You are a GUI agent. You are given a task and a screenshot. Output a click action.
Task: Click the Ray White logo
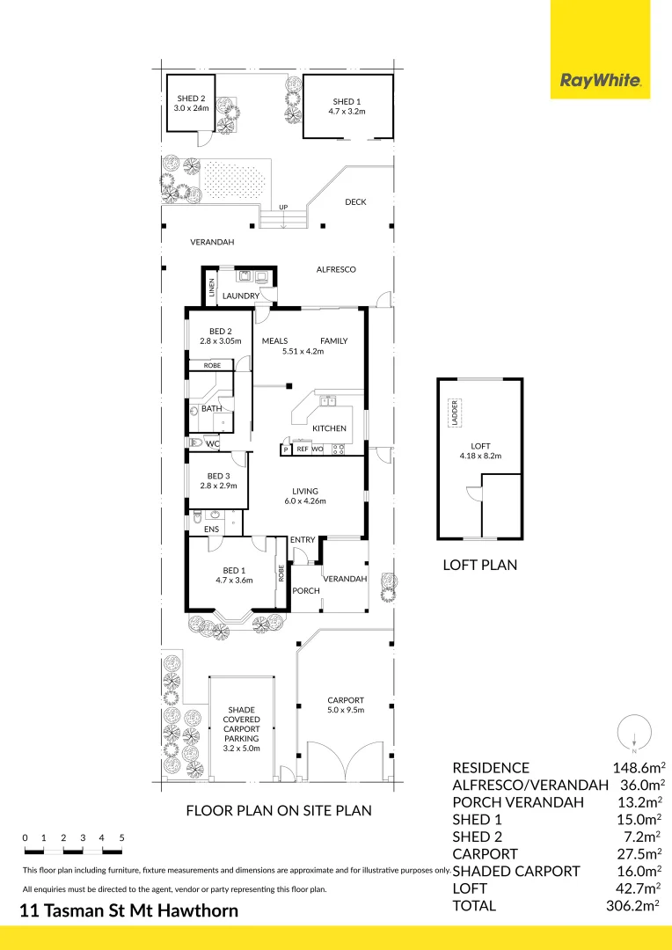coord(600,80)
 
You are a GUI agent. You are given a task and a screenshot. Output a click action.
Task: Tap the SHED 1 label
coord(347,102)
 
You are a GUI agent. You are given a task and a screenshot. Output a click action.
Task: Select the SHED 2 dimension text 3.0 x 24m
coord(191,108)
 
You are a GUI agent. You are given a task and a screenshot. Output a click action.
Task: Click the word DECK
coord(355,201)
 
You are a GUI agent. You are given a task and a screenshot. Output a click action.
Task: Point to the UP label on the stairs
coord(283,208)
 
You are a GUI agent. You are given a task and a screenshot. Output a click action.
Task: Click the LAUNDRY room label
coord(240,296)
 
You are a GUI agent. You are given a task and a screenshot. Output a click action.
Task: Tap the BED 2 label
coord(221,332)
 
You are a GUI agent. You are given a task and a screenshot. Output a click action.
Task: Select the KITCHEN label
coord(329,428)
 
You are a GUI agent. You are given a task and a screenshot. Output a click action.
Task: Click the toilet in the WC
coord(195,442)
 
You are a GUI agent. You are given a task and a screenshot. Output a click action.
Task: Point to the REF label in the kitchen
coord(303,449)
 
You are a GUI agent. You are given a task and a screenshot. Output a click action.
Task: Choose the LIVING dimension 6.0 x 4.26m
coord(305,501)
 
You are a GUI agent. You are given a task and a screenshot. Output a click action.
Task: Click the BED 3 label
coord(219,476)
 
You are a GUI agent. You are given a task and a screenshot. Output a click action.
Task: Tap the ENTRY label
coord(303,540)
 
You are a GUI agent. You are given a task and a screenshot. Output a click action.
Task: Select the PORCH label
coord(306,591)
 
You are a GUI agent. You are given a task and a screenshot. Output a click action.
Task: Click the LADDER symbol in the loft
coord(455,413)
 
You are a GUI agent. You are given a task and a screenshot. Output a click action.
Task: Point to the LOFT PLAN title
coord(480,565)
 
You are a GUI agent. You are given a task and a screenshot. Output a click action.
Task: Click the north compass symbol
coord(634,733)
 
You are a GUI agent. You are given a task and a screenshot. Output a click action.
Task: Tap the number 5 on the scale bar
coord(121,838)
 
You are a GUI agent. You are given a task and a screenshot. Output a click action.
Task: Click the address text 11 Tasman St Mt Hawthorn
coord(129,910)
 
